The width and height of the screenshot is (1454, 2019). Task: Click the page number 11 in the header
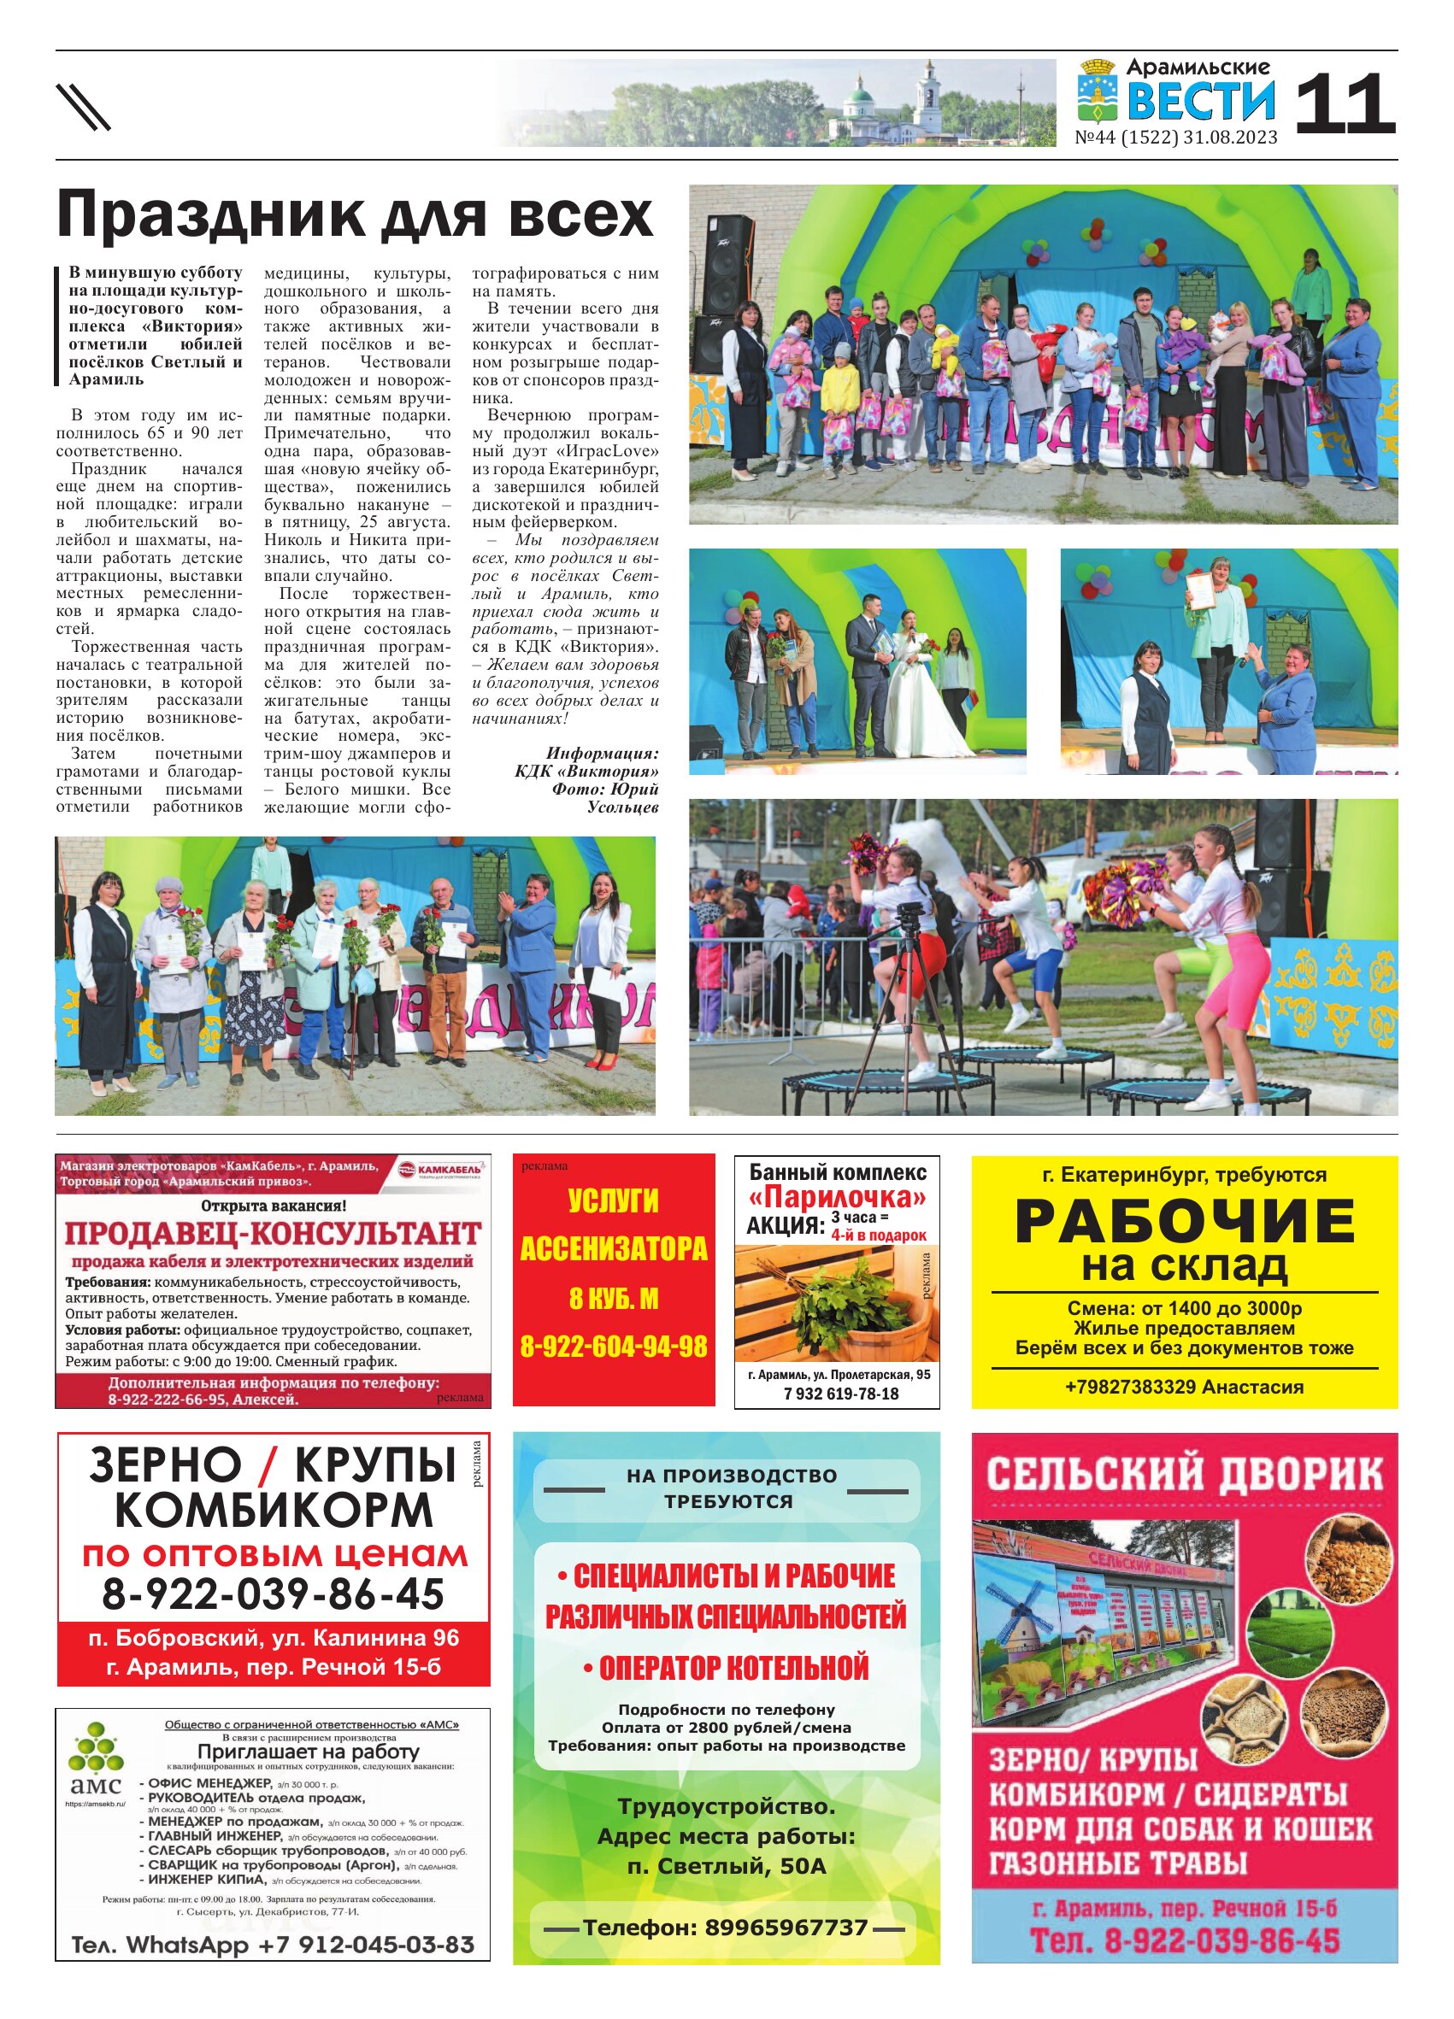coord(1344,104)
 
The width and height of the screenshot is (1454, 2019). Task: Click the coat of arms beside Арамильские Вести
coord(1097,90)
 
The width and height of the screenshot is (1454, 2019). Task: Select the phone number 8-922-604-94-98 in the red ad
coord(614,1347)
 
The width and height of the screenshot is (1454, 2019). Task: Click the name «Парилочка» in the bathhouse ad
coord(836,1196)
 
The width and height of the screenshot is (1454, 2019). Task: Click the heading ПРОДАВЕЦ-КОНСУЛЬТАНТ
coord(273,1233)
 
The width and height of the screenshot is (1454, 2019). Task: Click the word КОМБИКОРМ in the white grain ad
coord(274,1510)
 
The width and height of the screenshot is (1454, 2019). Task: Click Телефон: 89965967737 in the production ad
coord(725,1928)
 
